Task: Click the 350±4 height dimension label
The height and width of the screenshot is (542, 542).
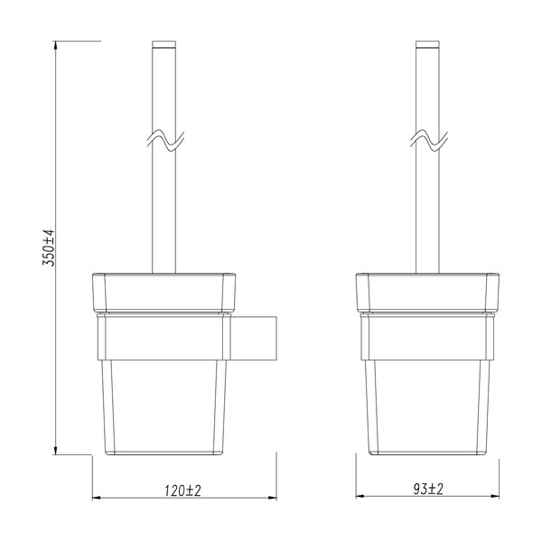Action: [x=51, y=247]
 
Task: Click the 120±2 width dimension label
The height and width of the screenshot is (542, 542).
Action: [x=182, y=490]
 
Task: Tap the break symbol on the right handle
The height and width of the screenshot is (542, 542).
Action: [x=429, y=139]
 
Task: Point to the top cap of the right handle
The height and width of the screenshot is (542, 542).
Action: [x=429, y=44]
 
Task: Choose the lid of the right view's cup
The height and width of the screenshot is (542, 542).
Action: [x=429, y=291]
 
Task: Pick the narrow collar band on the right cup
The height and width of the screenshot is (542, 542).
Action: [x=429, y=316]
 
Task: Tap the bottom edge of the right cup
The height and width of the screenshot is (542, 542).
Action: [x=429, y=451]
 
